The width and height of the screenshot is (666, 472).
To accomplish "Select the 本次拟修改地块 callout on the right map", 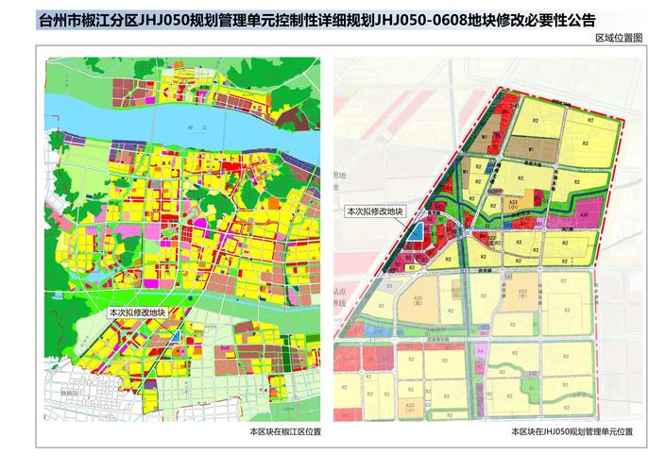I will pyautogui.click(x=375, y=212).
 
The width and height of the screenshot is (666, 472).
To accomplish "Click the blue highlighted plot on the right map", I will pyautogui.click(x=417, y=231).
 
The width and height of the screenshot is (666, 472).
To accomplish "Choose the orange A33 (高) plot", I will pyautogui.click(x=414, y=304).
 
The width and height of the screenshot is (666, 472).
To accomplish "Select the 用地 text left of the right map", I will pyautogui.click(x=343, y=176).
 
